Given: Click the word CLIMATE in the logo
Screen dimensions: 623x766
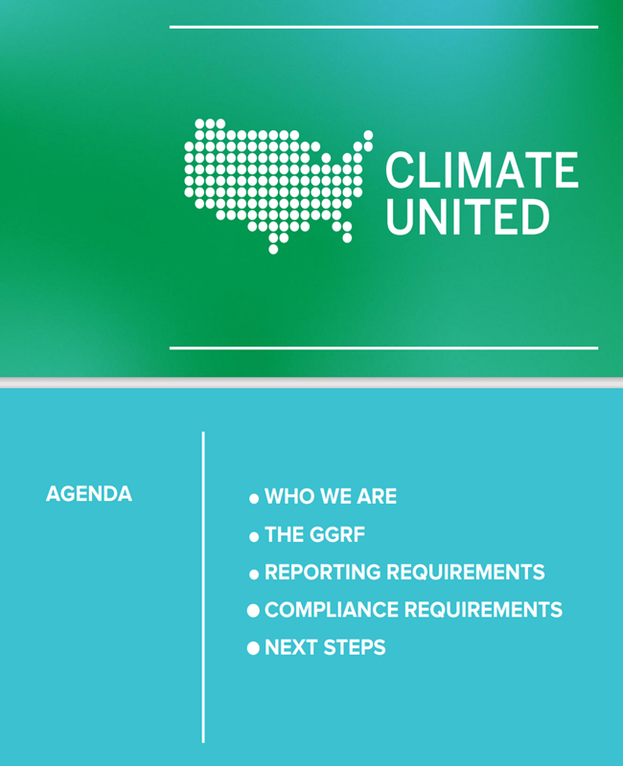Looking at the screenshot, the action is click(x=482, y=169).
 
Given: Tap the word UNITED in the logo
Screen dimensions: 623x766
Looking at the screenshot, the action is click(x=468, y=216).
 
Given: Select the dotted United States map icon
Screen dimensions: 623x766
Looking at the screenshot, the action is click(x=279, y=186).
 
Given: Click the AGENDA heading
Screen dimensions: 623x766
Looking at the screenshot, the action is click(x=89, y=494).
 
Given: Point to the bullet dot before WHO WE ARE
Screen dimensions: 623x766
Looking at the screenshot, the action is click(x=254, y=499).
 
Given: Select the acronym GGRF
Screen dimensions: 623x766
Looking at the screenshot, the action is click(x=337, y=534).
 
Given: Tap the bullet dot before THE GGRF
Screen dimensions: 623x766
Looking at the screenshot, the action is click(x=254, y=537).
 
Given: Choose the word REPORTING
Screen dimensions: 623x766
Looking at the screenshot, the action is click(x=322, y=572).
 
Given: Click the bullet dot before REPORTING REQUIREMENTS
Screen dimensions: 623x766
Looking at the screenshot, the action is click(x=254, y=574).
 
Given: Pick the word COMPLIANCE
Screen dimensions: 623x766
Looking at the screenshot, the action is click(x=332, y=610).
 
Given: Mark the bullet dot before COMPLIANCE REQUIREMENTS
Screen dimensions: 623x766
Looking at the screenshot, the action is click(x=253, y=610).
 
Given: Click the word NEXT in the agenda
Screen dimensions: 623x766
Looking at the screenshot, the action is click(x=290, y=647).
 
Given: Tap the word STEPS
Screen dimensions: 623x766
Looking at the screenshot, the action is click(x=355, y=647).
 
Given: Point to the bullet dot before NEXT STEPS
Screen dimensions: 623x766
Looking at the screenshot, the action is click(x=253, y=648).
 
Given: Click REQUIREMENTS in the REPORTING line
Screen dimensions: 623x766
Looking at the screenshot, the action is click(x=466, y=572).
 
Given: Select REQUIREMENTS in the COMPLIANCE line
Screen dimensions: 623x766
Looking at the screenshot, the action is click(x=484, y=610).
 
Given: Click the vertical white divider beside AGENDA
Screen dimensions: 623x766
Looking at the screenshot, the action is click(x=203, y=587).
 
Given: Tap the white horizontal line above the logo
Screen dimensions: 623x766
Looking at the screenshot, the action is click(x=384, y=28).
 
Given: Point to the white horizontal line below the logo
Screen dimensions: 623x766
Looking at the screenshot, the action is click(x=384, y=349).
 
